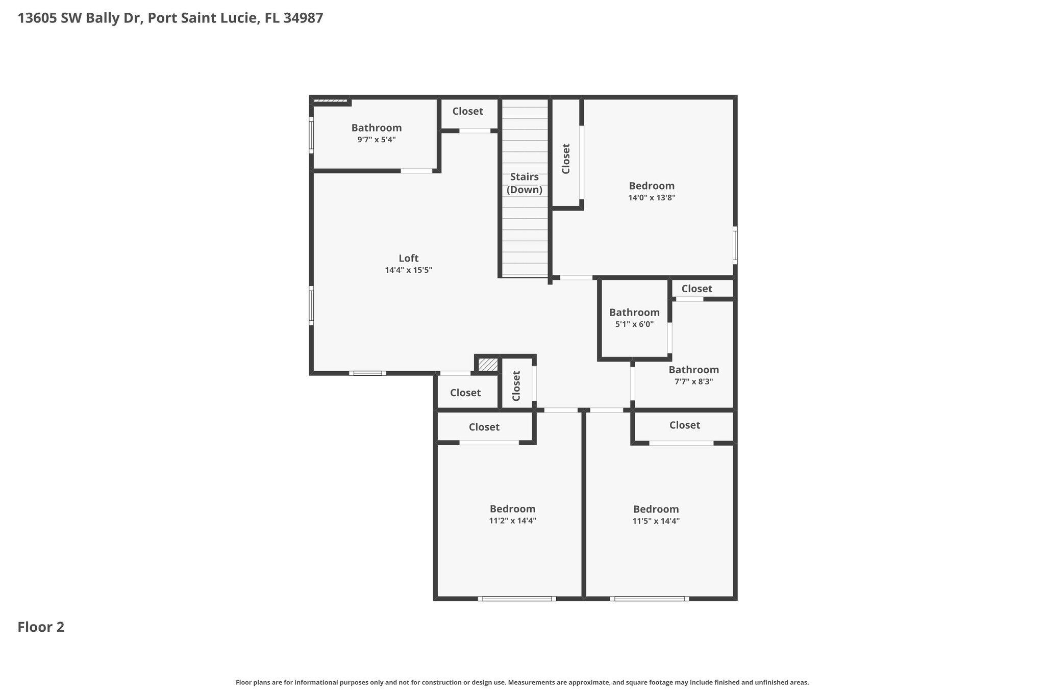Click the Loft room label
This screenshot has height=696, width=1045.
[x=408, y=258]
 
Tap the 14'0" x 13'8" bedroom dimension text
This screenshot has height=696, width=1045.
[x=652, y=198]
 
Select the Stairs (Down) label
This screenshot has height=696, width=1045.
[x=524, y=183]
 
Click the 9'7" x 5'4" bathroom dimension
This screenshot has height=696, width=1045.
[x=376, y=140]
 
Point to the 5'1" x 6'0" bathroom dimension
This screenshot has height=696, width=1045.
[x=634, y=324]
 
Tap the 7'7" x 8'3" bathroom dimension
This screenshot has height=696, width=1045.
[x=693, y=381]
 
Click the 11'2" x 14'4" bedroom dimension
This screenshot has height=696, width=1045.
[x=512, y=521]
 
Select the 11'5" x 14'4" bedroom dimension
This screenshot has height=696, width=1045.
[x=656, y=521]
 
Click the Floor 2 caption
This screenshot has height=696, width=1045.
[x=41, y=627]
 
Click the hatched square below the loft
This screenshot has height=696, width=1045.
[x=488, y=365]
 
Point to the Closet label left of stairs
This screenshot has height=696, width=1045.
[x=467, y=111]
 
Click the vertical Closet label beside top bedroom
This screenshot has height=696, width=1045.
[x=565, y=159]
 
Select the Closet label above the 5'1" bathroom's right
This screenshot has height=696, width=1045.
[x=696, y=289]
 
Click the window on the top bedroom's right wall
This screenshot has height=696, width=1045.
[x=735, y=245]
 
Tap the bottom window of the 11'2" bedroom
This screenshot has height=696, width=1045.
[x=517, y=599]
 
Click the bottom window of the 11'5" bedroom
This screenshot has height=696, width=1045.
[x=649, y=599]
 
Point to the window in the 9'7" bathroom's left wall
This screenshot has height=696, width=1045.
[x=311, y=135]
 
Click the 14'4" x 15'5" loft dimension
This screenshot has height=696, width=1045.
[x=408, y=270]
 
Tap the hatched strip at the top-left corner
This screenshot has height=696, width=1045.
[x=330, y=100]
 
